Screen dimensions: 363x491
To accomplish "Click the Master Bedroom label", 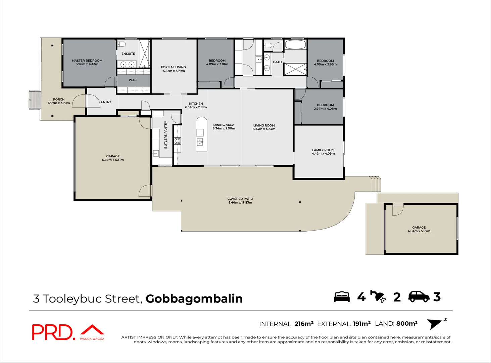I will tap(87, 61).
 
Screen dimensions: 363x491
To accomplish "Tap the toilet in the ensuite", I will tap(121, 44).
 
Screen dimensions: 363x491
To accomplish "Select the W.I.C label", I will tap(133, 80).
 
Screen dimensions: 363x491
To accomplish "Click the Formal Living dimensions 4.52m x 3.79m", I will tap(174, 71).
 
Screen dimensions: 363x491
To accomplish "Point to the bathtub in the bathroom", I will tap(295, 44).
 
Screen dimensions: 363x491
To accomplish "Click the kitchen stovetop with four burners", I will tap(177, 141).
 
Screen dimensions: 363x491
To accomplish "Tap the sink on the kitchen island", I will tap(200, 142).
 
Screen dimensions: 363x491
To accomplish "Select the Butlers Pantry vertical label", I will tap(165, 135).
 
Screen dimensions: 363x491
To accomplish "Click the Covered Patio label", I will tap(240, 199).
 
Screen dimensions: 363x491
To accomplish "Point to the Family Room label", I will tap(323, 150).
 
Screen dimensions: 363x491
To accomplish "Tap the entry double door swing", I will tap(86, 101).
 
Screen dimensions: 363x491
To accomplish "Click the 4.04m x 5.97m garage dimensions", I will tap(419, 231).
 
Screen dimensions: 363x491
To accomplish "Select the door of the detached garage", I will tap(398, 209).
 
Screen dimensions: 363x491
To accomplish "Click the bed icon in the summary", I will tap(342, 297).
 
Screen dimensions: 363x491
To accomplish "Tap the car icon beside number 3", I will tap(419, 296).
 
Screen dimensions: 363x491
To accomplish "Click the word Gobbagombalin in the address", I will tap(194, 298).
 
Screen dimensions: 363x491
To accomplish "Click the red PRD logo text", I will tap(52, 332).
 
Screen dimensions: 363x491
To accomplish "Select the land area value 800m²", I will tap(407, 324).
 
